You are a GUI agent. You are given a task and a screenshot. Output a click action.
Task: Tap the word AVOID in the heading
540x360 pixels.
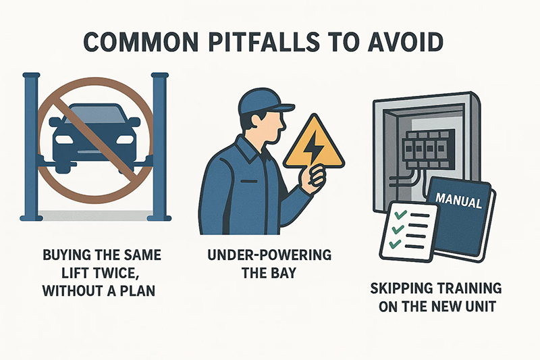407,42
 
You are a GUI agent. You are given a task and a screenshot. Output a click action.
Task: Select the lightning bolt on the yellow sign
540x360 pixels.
313,147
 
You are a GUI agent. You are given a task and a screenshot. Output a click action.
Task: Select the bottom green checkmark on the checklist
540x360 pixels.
395,244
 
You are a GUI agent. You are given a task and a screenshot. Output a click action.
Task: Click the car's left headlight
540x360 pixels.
61,139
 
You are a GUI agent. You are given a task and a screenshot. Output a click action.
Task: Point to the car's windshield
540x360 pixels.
94,113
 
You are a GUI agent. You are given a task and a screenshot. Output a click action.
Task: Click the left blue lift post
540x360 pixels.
31,147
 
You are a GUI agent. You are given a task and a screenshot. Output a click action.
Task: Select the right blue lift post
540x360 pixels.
159,147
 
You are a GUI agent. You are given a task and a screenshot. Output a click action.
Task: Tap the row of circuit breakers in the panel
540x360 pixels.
425,147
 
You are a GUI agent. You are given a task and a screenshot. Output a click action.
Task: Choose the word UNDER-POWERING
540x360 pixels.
269,255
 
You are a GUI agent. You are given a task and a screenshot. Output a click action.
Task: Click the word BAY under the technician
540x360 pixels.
282,273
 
